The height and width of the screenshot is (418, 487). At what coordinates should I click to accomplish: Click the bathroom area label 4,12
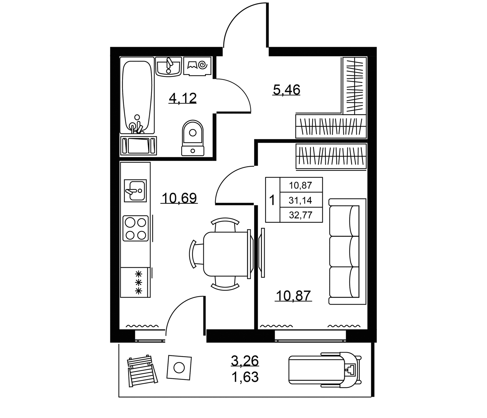[x=183, y=98]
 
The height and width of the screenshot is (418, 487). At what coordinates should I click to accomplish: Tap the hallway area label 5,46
[x=286, y=89]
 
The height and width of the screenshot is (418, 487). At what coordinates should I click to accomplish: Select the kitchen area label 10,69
[x=179, y=198]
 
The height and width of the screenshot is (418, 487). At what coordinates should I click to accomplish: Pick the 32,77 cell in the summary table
[x=301, y=215]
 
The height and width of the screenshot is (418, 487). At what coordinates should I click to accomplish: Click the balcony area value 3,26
[x=245, y=361]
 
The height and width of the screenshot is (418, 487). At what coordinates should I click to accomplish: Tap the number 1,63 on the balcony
[x=245, y=377]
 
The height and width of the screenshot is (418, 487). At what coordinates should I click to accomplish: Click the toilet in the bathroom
[x=193, y=138]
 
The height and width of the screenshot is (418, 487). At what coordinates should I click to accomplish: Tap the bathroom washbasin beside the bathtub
[x=168, y=66]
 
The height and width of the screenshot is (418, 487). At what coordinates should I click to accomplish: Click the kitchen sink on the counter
[x=135, y=191]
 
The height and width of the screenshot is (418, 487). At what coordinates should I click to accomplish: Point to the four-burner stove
[x=135, y=228]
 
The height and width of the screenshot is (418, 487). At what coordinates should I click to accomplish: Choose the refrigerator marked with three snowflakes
[x=136, y=282]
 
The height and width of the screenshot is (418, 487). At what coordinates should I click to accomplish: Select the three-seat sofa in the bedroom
[x=347, y=251]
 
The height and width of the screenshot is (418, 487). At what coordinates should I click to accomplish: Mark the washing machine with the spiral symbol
[x=197, y=66]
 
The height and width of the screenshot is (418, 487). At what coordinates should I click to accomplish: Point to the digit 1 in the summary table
[x=272, y=201]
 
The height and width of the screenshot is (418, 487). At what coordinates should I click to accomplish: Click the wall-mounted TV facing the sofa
[x=263, y=253]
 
